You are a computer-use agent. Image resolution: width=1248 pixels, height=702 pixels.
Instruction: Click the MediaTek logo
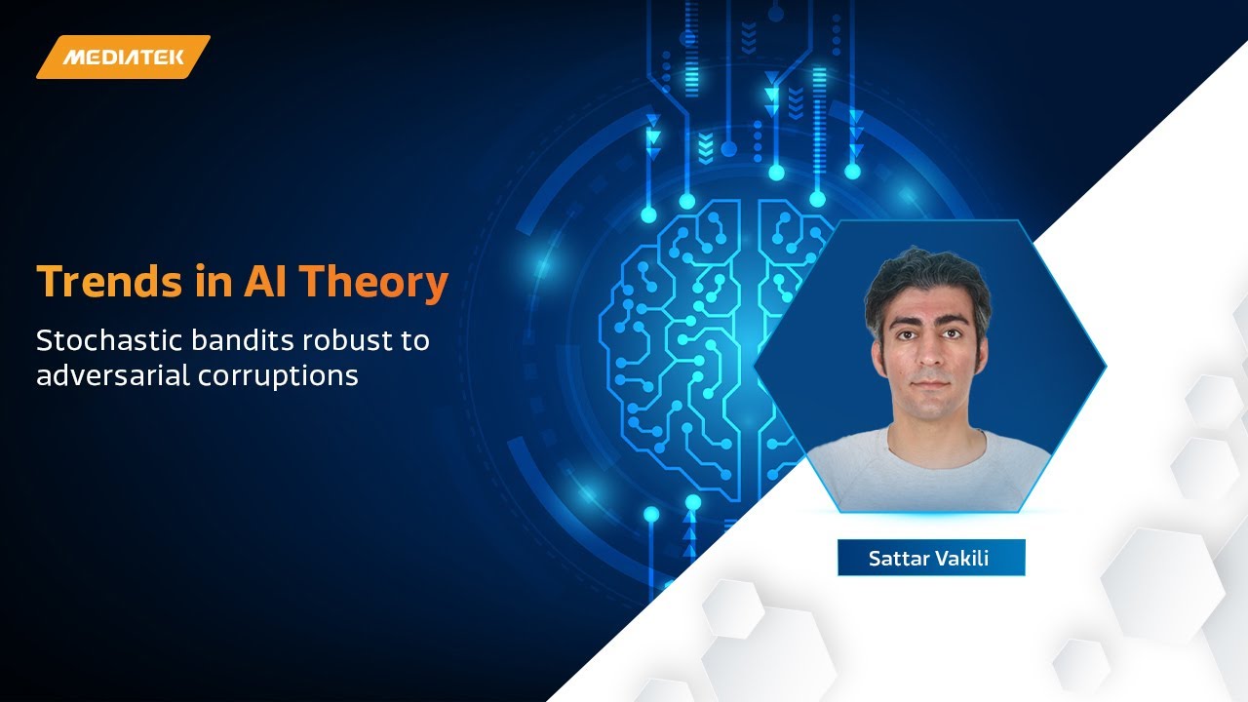tap(124, 57)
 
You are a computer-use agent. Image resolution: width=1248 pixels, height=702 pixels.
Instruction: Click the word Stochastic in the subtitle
tap(104, 341)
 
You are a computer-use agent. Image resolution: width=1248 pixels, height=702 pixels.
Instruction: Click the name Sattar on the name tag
tap(896, 559)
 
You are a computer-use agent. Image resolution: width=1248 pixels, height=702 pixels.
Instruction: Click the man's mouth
tap(929, 383)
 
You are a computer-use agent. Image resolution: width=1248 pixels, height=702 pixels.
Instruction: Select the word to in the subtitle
tap(414, 341)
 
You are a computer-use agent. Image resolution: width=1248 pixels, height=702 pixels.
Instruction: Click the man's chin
tap(929, 408)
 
